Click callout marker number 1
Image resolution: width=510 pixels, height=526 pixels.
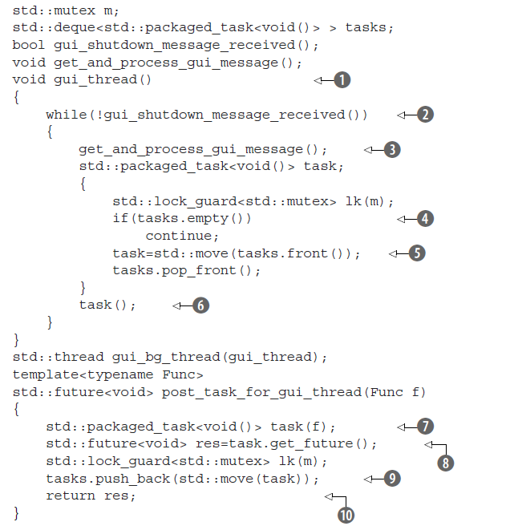coord(342,80)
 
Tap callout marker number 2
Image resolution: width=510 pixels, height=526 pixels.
coord(425,115)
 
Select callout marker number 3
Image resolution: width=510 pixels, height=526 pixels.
coord(392,150)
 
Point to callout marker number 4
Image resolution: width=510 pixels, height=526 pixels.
coord(425,219)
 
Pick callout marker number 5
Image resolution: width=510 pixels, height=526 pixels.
coord(416,253)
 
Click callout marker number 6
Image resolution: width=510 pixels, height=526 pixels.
coord(200,305)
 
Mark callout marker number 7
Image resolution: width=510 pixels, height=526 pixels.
coord(425,426)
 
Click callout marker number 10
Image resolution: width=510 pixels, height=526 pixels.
coord(346,514)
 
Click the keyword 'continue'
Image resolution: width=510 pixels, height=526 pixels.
coord(182,237)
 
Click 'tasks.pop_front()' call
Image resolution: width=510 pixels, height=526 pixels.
coord(186,271)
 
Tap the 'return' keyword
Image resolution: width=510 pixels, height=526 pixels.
coord(70,496)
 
